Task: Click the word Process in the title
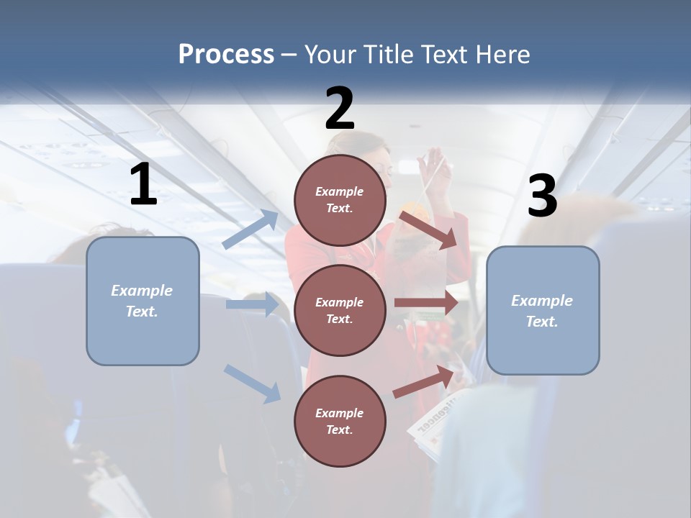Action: click(226, 54)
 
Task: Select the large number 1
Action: click(143, 185)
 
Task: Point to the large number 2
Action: click(340, 109)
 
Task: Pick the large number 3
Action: click(542, 196)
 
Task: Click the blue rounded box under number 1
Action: click(143, 301)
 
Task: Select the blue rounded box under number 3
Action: click(543, 310)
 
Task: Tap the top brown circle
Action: click(340, 200)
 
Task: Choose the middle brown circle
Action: click(340, 310)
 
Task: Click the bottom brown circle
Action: click(340, 421)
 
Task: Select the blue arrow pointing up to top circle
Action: click(250, 229)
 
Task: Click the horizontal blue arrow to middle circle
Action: click(252, 304)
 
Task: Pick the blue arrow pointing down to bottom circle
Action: click(252, 383)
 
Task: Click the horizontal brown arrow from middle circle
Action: click(426, 304)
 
